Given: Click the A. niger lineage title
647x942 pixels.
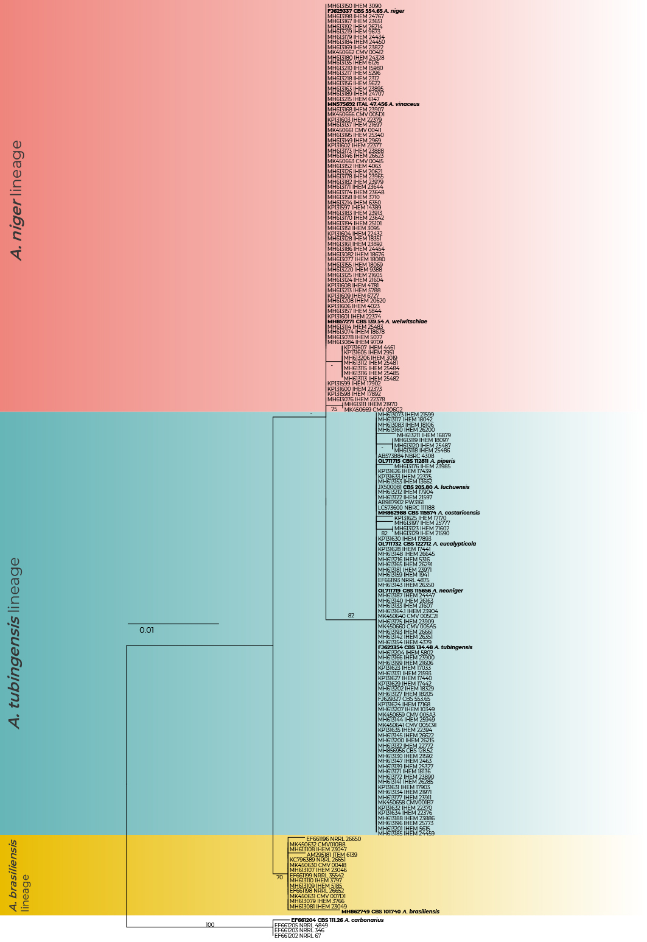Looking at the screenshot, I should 17,200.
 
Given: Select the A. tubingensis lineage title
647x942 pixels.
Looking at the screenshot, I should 15,642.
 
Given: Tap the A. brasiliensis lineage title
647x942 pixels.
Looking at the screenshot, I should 19,876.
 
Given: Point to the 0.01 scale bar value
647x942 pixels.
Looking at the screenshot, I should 147,630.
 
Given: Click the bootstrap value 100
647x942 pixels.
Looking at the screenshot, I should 210,925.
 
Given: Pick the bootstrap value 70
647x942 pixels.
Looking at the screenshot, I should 279,877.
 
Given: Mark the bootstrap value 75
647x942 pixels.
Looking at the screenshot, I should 334,409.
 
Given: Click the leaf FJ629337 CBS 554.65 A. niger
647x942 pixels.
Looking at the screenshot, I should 366,11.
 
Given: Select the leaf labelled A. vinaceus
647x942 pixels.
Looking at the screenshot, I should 373,104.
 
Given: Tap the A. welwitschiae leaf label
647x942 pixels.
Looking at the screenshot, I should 377,322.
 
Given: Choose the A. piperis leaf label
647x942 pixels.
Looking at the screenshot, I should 416,461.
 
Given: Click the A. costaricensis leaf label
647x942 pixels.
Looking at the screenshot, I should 428,513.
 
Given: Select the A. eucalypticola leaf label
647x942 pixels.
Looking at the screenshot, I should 427,544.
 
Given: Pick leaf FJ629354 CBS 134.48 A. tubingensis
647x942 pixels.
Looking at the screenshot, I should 425,647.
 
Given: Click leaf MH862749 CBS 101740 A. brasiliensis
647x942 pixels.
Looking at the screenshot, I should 390,912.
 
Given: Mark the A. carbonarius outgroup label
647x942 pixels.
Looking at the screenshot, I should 337,920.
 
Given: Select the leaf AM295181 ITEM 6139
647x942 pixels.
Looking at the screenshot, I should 332,855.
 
